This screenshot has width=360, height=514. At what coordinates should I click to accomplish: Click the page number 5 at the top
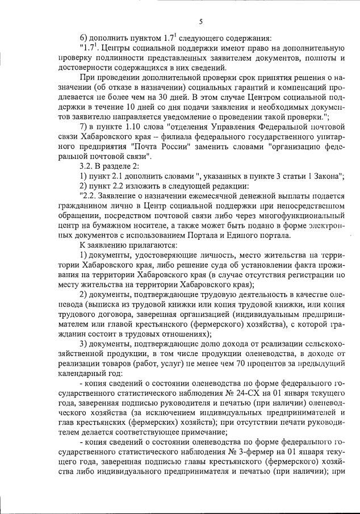201,22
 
